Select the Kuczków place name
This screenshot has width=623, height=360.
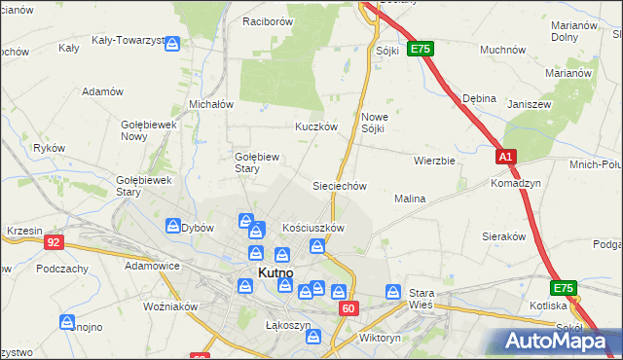click(x=316, y=126)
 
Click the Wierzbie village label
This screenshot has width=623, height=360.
click(x=434, y=161)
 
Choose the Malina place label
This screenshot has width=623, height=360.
click(x=410, y=198)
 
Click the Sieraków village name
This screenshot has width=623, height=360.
click(x=504, y=235)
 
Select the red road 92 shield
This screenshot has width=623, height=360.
click(x=54, y=241)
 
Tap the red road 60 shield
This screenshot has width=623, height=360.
click(x=349, y=307)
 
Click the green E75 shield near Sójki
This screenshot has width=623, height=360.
click(x=420, y=49)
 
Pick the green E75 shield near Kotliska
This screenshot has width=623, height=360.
click(x=563, y=288)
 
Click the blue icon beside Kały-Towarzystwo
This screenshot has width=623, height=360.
click(x=172, y=44)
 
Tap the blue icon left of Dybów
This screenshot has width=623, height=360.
click(x=172, y=226)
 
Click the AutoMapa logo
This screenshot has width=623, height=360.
click(x=560, y=340)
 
